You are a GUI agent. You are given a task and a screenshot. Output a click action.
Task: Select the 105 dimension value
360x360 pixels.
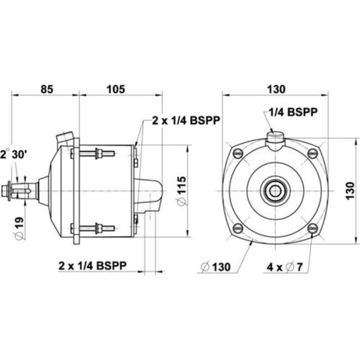click(x=115, y=88)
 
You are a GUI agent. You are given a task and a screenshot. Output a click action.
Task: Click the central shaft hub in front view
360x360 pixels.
click(x=275, y=191)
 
